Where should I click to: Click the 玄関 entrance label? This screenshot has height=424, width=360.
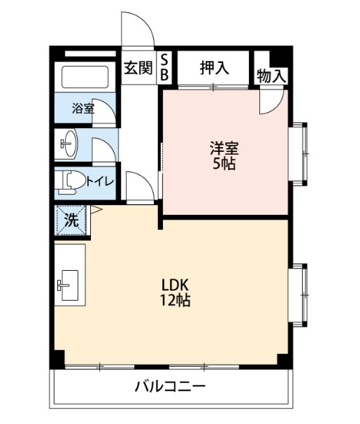click(x=138, y=68)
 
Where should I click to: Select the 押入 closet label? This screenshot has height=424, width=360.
click(x=215, y=68)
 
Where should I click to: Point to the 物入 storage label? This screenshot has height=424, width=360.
click(x=271, y=76)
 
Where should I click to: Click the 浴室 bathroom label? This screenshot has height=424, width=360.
click(x=83, y=108)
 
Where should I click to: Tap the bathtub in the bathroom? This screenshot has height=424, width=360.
click(x=85, y=77)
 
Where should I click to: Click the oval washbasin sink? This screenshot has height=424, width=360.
click(x=69, y=143)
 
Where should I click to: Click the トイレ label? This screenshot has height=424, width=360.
click(x=100, y=181)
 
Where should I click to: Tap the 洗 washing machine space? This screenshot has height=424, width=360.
click(x=71, y=220)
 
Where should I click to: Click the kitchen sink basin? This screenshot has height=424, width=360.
click(x=70, y=285)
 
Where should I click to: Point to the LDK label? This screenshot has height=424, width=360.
click(x=175, y=285)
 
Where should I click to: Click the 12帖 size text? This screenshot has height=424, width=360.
click(x=175, y=300)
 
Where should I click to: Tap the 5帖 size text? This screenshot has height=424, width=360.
click(x=224, y=163)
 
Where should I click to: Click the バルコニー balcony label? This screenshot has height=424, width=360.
click(x=171, y=387)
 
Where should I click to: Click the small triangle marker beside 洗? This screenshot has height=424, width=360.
click(x=96, y=209)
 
